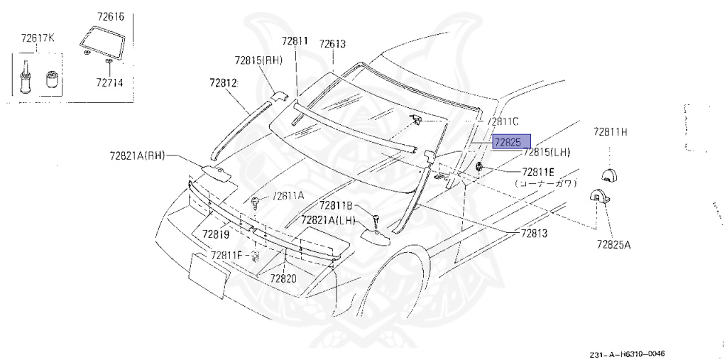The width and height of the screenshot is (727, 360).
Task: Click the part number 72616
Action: (x=110, y=17)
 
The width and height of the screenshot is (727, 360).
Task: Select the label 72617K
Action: (x=38, y=38)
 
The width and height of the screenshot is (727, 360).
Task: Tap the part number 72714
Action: (x=109, y=82)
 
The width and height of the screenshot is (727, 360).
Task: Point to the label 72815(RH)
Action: (x=258, y=60)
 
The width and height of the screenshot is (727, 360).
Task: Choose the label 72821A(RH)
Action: (x=138, y=156)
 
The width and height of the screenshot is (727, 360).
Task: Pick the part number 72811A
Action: (x=288, y=196)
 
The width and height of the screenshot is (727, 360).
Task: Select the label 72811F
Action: (x=226, y=255)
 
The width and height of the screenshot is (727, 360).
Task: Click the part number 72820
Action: (x=283, y=278)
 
